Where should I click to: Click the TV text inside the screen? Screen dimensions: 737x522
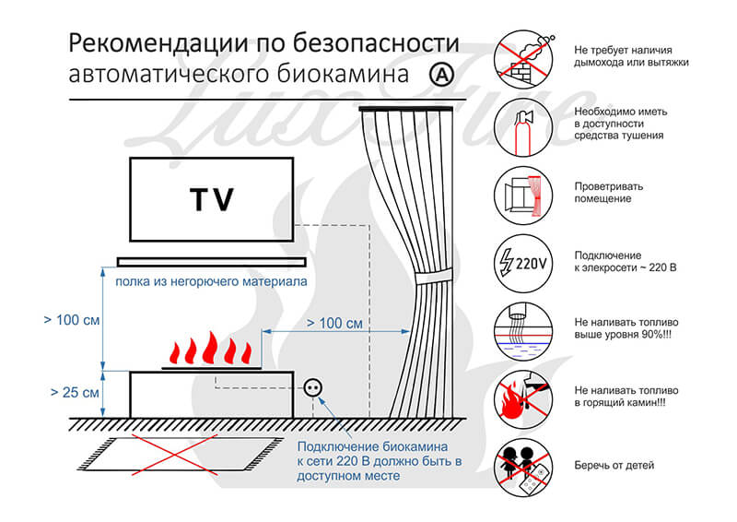(x=212, y=199)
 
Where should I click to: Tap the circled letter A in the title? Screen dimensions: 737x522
(x=442, y=75)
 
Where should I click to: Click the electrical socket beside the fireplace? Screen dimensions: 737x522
(x=312, y=388)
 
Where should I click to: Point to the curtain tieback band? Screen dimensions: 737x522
(x=433, y=276)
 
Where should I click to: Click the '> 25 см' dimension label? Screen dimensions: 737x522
(x=75, y=392)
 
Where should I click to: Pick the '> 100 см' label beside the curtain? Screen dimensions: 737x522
(x=334, y=324)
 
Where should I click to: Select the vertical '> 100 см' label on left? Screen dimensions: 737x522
(x=72, y=320)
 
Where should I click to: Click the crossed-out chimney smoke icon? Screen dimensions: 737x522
(x=523, y=59)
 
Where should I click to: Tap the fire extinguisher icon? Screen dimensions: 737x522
(x=523, y=127)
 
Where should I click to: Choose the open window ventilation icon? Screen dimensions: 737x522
(x=523, y=196)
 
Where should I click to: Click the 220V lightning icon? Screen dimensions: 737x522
(x=523, y=263)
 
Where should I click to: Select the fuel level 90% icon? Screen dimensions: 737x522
(x=523, y=331)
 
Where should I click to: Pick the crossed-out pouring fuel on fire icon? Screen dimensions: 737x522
(x=523, y=399)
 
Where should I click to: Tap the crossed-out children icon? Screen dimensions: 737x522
(x=523, y=468)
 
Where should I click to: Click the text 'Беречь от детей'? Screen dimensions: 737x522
(x=614, y=466)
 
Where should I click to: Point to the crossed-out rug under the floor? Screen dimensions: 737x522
(x=181, y=455)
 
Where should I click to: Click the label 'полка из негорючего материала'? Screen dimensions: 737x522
(x=211, y=281)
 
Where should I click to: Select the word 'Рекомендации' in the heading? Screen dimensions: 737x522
(x=158, y=43)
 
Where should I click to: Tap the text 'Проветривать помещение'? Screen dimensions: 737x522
(x=609, y=193)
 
